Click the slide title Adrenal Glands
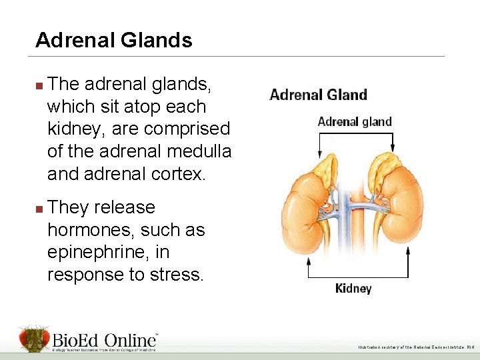(114, 41)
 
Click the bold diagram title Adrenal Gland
(318, 95)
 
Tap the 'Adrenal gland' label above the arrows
(355, 122)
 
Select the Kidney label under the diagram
(353, 289)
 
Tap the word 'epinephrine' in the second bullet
(99, 253)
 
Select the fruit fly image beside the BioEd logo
(33, 339)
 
